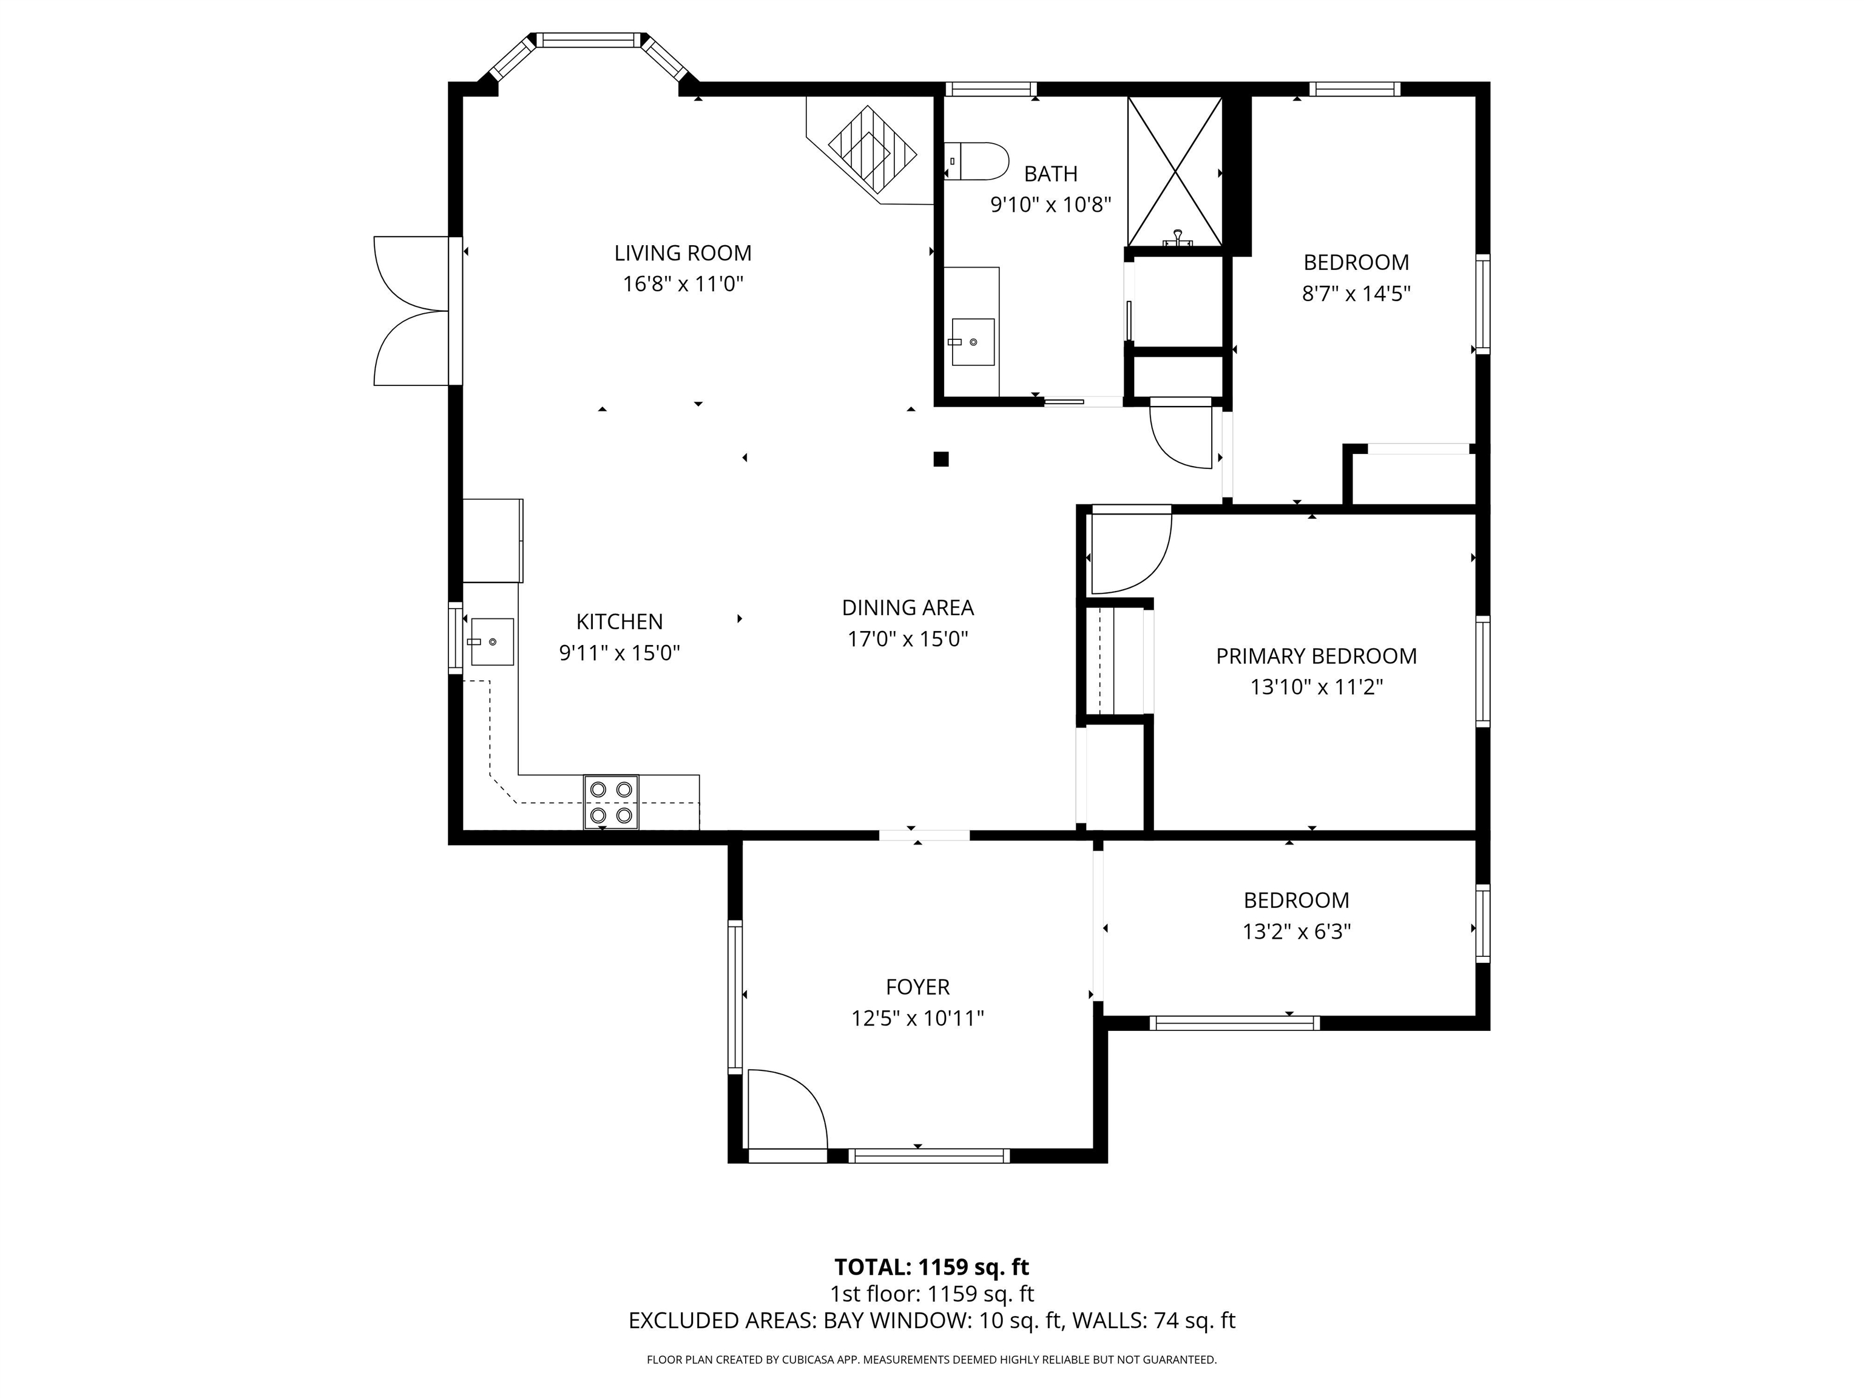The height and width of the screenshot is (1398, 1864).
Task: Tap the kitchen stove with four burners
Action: coord(611,802)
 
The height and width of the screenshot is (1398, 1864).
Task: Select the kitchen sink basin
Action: coord(492,641)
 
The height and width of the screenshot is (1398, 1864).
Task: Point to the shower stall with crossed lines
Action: coord(1174,172)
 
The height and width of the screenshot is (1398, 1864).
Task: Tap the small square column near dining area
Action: coord(941,459)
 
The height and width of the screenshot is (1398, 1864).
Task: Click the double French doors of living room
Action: coord(413,311)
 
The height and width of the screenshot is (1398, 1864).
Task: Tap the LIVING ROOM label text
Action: coord(683,253)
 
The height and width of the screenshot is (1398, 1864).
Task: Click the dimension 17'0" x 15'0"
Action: coord(908,639)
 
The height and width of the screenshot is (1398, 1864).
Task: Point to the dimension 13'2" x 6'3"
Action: coord(1296,931)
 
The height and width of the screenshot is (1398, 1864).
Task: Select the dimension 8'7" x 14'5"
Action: coord(1356,293)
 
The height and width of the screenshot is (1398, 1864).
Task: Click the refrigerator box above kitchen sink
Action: coord(492,540)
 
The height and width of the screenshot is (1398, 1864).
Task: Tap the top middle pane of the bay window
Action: coord(587,39)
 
